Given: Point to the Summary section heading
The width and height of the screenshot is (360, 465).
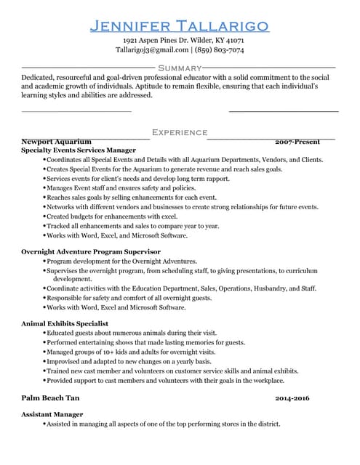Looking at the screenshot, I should [x=180, y=68].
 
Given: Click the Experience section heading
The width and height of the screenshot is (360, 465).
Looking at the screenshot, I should [x=180, y=132].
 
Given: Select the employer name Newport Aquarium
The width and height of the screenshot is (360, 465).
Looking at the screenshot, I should [x=57, y=141].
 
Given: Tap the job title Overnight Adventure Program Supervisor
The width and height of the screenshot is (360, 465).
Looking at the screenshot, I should [x=91, y=251].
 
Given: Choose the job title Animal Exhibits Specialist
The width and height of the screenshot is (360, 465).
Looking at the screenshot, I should [x=65, y=323].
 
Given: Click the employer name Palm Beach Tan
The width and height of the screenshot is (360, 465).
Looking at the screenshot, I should [x=50, y=398].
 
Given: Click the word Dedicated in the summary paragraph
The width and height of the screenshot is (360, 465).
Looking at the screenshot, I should [x=39, y=77].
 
